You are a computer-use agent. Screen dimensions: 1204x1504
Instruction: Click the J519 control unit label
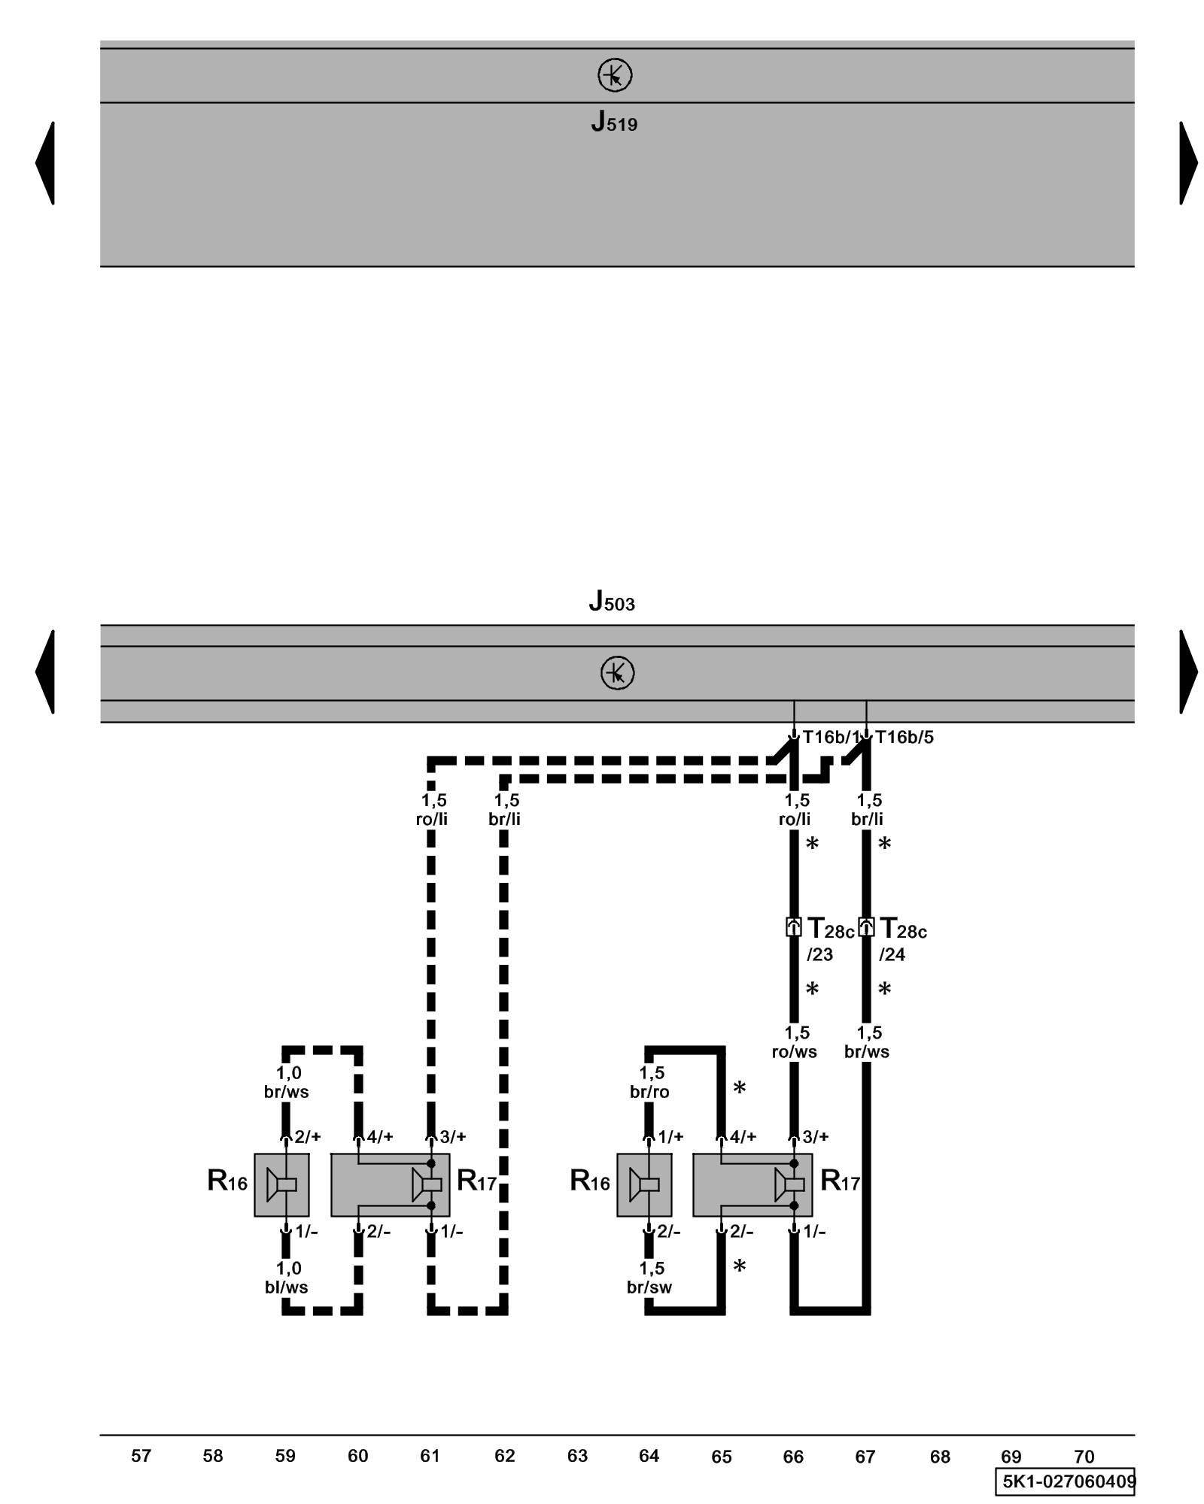click(x=614, y=122)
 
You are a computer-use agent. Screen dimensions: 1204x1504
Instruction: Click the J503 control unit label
click(x=612, y=602)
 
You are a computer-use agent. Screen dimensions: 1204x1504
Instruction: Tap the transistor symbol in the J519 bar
click(x=615, y=75)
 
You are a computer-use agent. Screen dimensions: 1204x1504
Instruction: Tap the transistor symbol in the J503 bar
click(x=617, y=673)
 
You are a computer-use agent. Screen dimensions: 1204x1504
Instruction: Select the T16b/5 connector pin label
click(x=904, y=737)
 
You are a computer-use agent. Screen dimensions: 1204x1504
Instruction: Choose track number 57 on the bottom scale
click(x=141, y=1456)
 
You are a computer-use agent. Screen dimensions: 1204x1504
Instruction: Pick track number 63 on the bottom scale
click(x=577, y=1456)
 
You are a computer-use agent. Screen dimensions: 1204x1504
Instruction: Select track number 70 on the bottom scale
click(x=1084, y=1457)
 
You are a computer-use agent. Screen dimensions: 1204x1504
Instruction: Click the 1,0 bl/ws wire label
click(x=286, y=1278)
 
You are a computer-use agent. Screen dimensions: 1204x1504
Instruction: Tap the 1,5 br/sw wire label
click(x=649, y=1278)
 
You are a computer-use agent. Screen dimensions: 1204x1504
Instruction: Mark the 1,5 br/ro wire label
click(x=649, y=1082)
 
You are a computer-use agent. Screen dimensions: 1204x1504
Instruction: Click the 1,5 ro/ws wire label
click(x=795, y=1042)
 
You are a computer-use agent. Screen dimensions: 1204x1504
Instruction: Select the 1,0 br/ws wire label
click(x=286, y=1082)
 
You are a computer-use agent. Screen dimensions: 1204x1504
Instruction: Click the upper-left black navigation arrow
click(x=44, y=162)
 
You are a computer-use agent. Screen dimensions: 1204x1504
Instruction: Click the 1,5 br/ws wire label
click(x=867, y=1042)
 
